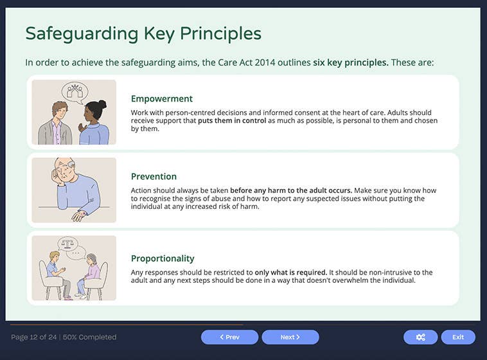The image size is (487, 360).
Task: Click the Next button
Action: point(290,337)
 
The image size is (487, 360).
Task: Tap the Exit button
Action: point(457,337)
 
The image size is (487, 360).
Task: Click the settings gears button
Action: point(420,337)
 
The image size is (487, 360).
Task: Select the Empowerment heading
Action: point(161,99)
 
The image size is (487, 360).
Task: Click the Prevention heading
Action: point(154,177)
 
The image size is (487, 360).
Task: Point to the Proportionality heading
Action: point(163,258)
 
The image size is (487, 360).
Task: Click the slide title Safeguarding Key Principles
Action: point(143,33)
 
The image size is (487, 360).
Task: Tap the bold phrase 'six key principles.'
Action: point(350,63)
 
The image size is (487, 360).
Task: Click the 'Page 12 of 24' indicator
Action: point(33,337)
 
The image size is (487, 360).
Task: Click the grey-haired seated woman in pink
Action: point(91,274)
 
